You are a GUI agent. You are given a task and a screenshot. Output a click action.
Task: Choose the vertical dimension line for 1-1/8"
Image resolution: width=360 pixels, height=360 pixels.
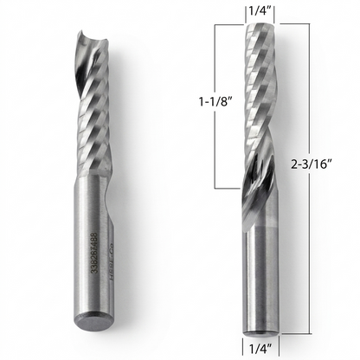pyautogui.click(x=228, y=104)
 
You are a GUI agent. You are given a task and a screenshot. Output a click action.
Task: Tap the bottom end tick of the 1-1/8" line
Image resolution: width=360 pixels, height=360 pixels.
pyautogui.click(x=228, y=187)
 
